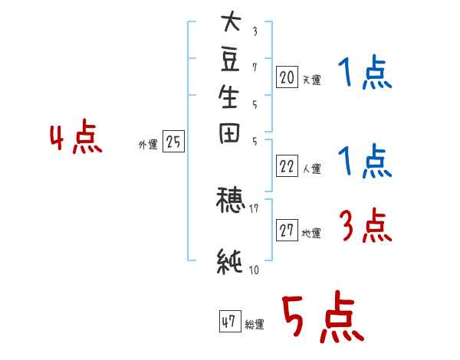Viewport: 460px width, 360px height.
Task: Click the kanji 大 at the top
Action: point(229,24)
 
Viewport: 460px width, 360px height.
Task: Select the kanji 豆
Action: point(229,61)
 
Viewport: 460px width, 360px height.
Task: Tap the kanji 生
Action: point(229,97)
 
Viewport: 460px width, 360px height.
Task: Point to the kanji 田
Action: point(229,134)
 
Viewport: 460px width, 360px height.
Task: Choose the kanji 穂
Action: point(229,201)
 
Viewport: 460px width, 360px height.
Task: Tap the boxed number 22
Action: point(287,166)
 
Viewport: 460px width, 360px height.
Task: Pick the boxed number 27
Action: point(287,231)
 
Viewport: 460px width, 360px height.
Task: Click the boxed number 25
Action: point(173,142)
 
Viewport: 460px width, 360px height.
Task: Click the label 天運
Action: point(311,79)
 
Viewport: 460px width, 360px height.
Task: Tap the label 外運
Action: point(148,144)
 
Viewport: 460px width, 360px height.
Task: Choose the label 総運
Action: point(255,325)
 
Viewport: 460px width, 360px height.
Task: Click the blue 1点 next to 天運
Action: point(364,75)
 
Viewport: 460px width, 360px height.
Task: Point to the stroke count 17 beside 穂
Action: point(254,207)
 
